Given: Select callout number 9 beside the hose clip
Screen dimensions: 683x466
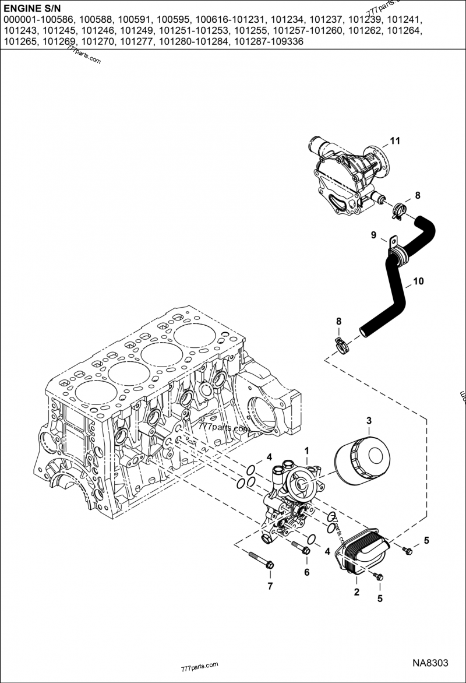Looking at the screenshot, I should coord(373,235).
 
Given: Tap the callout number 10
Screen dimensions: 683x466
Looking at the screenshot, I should coord(418,282).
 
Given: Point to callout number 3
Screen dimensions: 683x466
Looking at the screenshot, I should coord(369,421).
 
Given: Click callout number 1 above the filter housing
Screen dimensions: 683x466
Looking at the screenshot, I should coord(306,450).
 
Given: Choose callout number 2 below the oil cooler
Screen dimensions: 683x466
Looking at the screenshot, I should coord(356,593).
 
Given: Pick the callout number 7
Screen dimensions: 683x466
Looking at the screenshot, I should coord(270,586).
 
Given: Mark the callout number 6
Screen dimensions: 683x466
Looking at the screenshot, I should coord(306,572).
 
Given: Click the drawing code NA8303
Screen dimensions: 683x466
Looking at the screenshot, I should coord(430,663).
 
